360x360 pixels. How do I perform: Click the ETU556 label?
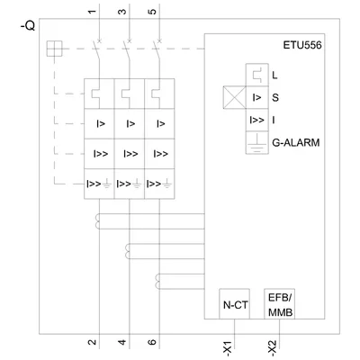click(x=302, y=45)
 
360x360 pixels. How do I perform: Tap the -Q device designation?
click(x=28, y=26)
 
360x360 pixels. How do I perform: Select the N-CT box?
click(x=234, y=304)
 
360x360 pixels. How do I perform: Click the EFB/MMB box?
click(x=280, y=304)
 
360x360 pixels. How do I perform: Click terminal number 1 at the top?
click(x=92, y=12)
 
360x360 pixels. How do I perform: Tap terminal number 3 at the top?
click(x=122, y=12)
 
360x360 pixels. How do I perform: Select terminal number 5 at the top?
click(x=152, y=12)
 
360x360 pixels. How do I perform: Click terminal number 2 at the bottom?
click(x=92, y=342)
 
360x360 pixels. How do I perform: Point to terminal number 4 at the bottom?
click(x=122, y=342)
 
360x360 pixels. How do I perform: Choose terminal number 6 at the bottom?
click(x=152, y=342)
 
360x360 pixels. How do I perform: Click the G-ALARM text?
click(x=296, y=142)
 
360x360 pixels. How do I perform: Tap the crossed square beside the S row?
click(x=234, y=97)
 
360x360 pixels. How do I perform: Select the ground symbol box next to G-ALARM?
click(x=257, y=143)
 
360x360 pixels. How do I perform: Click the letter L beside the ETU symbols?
click(x=274, y=75)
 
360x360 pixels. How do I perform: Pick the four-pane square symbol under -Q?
click(x=54, y=49)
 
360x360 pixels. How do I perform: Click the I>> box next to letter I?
click(x=257, y=120)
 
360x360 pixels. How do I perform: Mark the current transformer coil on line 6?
click(x=157, y=282)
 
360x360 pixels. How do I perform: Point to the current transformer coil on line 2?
click(x=97, y=221)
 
